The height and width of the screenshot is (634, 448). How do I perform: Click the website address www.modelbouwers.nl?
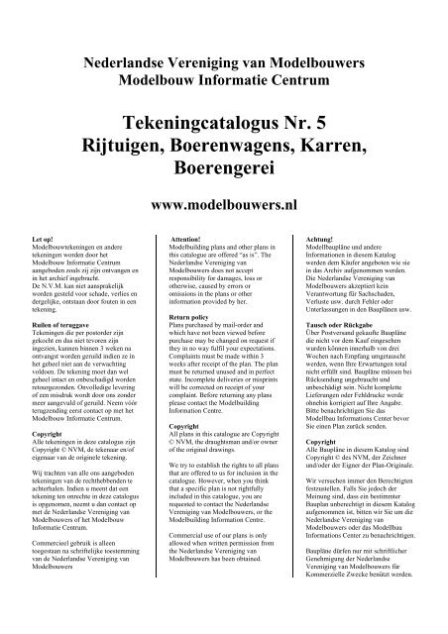coord(223,211)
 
